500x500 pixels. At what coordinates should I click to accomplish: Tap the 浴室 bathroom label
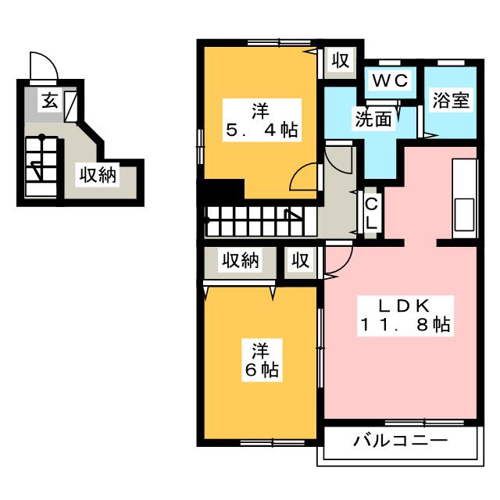[450, 102]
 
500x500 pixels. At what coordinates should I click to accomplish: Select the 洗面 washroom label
[372, 120]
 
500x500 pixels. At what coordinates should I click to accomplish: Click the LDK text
[405, 305]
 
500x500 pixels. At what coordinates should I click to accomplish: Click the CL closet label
[372, 212]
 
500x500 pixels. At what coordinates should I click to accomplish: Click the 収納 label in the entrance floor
[97, 176]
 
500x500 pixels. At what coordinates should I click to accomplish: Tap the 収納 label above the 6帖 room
[239, 261]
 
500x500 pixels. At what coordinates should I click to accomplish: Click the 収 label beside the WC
[338, 61]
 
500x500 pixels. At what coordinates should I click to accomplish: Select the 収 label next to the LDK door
[301, 261]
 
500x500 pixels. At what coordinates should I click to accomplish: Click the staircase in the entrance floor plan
[40, 165]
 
